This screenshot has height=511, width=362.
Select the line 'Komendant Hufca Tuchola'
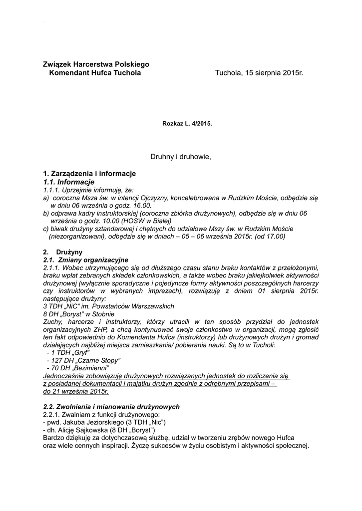[95, 73]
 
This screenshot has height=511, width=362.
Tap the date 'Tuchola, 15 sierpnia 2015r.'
[259, 73]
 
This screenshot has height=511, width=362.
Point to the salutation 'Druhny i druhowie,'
[181, 157]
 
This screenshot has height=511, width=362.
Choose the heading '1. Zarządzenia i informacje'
[89, 174]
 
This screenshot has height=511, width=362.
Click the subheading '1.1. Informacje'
[69, 182]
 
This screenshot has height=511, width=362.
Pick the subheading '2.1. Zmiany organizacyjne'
[86, 260]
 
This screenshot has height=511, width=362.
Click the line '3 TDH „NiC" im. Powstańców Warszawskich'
[108, 306]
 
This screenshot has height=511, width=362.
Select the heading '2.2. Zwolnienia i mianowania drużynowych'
[111, 407]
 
